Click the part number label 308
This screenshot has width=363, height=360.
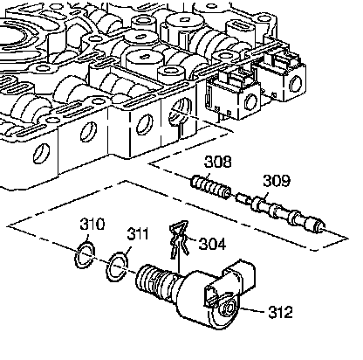click(x=218, y=162)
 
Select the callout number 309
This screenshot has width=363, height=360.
click(x=277, y=181)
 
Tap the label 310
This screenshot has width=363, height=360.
click(x=92, y=225)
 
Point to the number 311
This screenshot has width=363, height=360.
click(x=138, y=233)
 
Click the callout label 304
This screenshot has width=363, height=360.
click(x=212, y=244)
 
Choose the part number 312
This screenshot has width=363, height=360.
click(x=280, y=312)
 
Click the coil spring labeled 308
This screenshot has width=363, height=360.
click(x=211, y=187)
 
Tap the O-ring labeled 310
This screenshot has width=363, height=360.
click(x=85, y=254)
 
